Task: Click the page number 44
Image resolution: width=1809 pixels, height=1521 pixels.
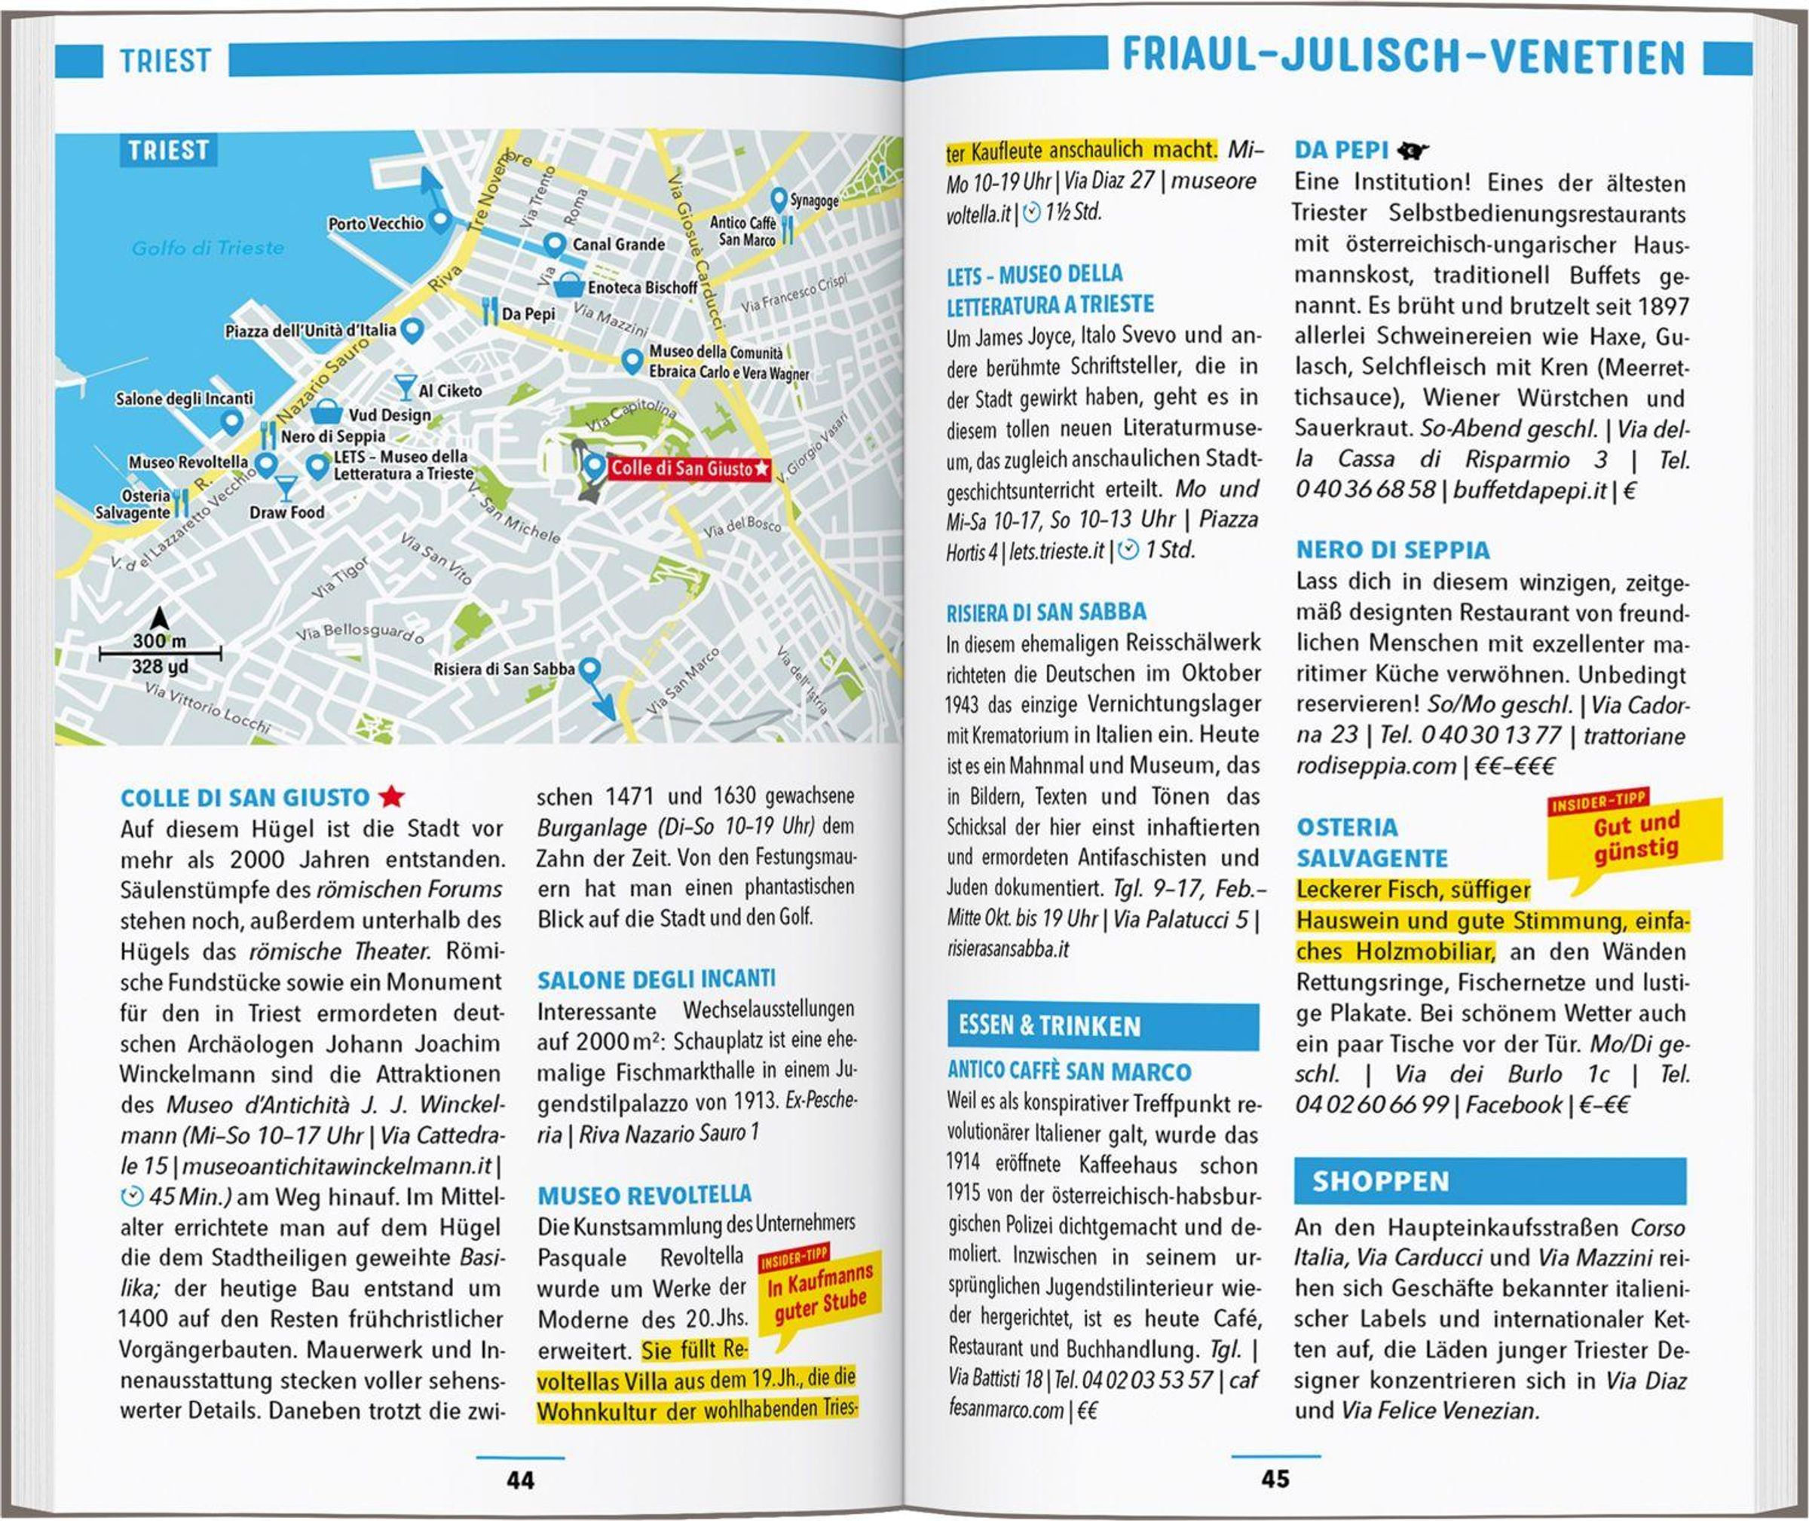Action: click(520, 1480)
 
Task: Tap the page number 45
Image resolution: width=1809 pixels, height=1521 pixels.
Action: click(1275, 1479)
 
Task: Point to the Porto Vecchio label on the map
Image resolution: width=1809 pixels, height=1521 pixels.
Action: click(375, 223)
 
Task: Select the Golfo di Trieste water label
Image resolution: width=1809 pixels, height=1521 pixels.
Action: click(208, 249)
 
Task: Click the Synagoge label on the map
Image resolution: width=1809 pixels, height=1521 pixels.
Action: click(814, 201)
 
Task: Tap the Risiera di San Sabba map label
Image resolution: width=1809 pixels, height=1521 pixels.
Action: click(504, 668)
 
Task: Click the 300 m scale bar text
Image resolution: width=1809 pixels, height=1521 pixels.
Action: click(160, 640)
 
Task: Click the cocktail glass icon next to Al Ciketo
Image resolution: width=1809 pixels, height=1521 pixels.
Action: click(405, 387)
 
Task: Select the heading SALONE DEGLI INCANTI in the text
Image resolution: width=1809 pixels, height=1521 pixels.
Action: click(656, 979)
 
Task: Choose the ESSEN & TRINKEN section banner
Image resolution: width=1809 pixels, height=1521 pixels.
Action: click(1102, 1026)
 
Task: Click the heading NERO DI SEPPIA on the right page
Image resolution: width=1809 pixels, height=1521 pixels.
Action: click(1392, 550)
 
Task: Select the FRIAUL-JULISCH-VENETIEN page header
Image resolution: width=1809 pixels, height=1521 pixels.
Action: click(1403, 57)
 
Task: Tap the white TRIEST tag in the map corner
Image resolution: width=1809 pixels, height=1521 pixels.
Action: click(168, 150)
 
